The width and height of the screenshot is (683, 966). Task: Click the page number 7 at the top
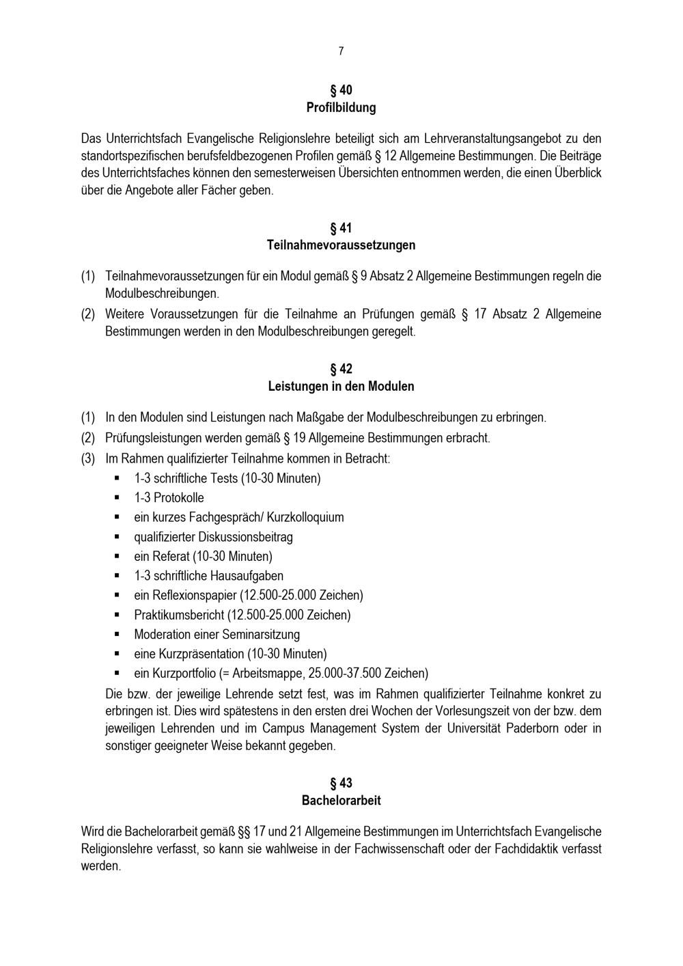click(x=341, y=51)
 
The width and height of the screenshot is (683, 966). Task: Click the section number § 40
click(x=341, y=90)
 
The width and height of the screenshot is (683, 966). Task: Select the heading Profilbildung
click(x=341, y=107)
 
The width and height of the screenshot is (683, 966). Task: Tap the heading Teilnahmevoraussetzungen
click(x=341, y=245)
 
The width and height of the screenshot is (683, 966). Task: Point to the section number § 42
click(x=341, y=369)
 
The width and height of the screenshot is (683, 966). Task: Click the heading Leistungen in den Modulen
click(x=341, y=386)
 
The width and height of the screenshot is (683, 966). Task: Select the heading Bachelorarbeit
click(x=341, y=800)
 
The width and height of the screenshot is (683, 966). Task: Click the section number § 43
click(x=341, y=783)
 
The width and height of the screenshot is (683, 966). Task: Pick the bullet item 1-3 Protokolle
click(x=169, y=497)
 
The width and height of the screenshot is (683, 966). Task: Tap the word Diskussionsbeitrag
click(x=245, y=537)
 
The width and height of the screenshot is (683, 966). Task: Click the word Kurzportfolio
click(x=184, y=674)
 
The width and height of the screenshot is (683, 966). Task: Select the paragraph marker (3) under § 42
click(x=88, y=458)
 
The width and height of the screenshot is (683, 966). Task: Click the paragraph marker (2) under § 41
click(x=88, y=314)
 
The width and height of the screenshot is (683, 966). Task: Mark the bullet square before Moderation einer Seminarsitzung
click(x=117, y=634)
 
